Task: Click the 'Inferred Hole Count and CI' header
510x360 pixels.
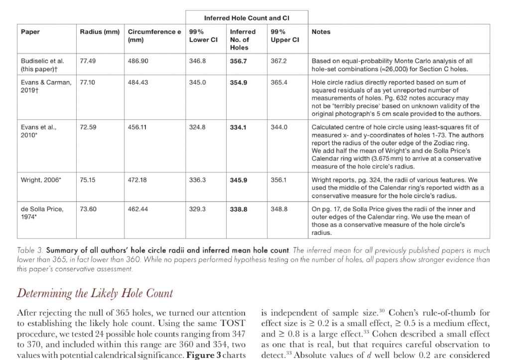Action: coord(247,18)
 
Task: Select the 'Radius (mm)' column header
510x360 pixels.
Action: coord(100,32)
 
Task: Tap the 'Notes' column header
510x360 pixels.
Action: coord(321,32)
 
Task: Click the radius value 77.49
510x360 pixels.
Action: coord(88,61)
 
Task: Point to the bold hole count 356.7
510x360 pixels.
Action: coord(238,61)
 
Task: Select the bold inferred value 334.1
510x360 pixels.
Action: coord(238,127)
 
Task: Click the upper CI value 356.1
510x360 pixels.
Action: coord(279,180)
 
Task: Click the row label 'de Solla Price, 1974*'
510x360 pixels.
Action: coord(42,213)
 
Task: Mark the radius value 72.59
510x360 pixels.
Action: coord(88,127)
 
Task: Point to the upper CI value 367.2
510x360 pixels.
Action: coord(279,61)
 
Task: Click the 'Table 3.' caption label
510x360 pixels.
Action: coord(31,250)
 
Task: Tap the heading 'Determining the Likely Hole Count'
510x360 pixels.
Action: coord(95,293)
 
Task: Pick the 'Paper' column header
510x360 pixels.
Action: coord(30,32)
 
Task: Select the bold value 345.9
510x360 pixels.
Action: coord(238,180)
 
